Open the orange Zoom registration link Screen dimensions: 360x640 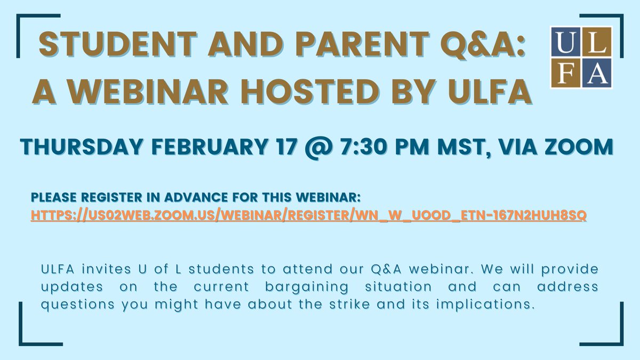[309, 215]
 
